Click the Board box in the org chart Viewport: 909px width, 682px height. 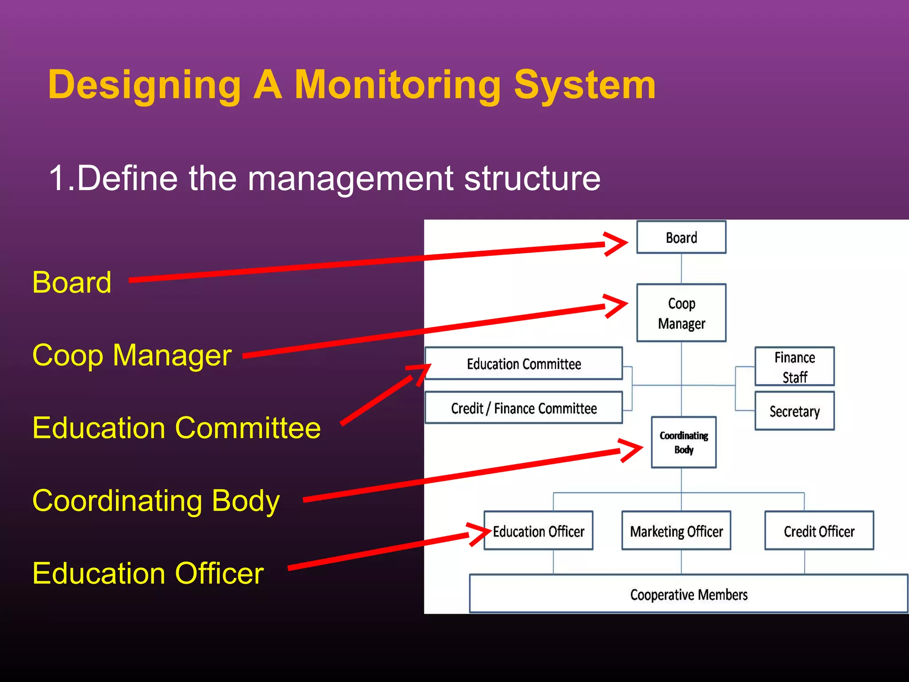[681, 238]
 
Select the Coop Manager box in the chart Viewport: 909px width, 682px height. [681, 313]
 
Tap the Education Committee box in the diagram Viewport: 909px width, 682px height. [524, 364]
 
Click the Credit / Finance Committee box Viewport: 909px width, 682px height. [524, 408]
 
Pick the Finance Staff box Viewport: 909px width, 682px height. [794, 367]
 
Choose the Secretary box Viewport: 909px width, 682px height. [794, 411]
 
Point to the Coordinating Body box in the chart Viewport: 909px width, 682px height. [684, 442]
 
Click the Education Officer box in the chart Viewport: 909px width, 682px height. [538, 531]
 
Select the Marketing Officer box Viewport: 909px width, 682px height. [676, 531]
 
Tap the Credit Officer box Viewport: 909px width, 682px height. [819, 531]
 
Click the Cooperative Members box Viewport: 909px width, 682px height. [688, 594]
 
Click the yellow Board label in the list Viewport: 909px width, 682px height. [72, 282]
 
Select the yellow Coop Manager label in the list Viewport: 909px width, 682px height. [132, 355]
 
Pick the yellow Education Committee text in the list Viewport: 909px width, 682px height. [176, 428]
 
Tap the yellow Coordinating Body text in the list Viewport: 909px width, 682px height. [156, 501]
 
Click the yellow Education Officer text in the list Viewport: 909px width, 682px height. [148, 573]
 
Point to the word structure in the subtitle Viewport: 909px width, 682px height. [532, 178]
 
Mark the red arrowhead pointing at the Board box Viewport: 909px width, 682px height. [617, 243]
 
